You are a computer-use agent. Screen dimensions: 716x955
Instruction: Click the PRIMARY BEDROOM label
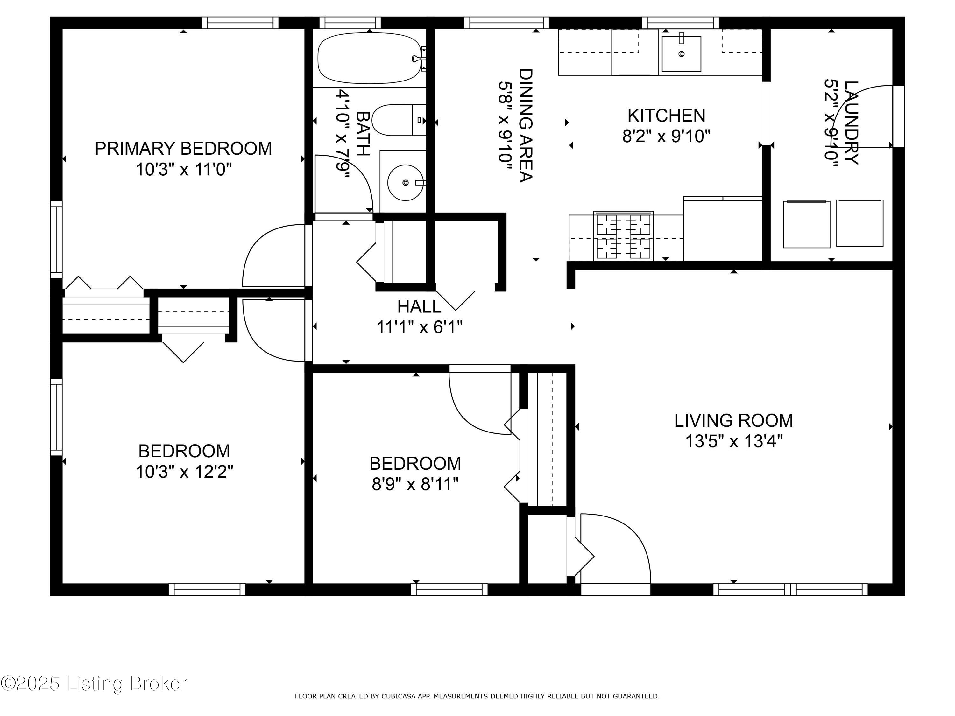[x=183, y=149]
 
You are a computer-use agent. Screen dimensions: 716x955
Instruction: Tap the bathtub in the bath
[x=369, y=58]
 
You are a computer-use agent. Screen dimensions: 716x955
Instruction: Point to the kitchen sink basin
[x=681, y=54]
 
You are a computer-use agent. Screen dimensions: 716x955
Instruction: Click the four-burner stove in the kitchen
[x=623, y=236]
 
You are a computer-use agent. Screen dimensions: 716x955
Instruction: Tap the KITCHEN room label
[x=666, y=116]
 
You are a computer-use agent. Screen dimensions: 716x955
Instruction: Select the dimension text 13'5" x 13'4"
[x=733, y=441]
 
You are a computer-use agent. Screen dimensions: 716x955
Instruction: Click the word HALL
[x=419, y=307]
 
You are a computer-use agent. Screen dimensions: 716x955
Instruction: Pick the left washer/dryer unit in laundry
[x=806, y=224]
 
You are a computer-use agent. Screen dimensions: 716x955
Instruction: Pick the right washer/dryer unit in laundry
[x=860, y=223]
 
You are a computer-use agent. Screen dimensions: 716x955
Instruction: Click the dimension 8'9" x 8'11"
[x=415, y=484]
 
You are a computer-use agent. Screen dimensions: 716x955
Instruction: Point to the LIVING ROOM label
[x=733, y=420]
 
